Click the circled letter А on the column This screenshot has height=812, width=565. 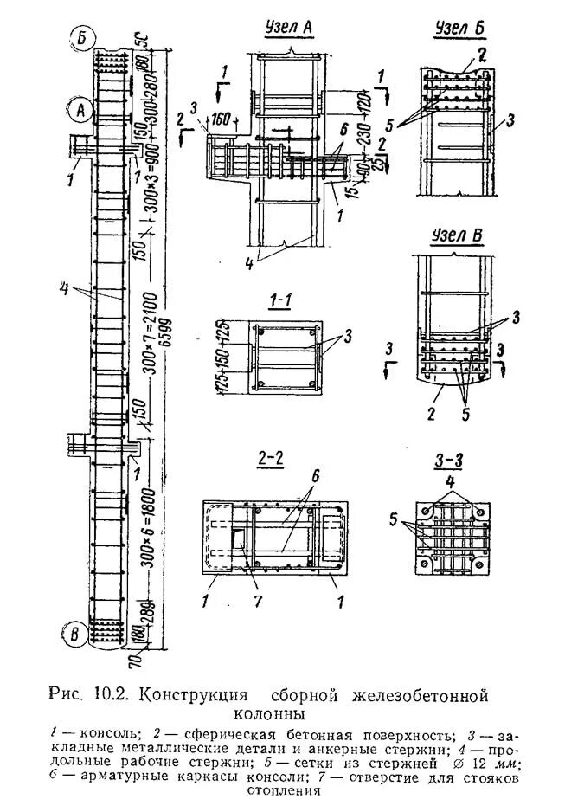click(80, 110)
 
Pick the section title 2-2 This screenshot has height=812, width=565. click(270, 459)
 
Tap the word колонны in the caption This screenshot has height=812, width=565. click(269, 715)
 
